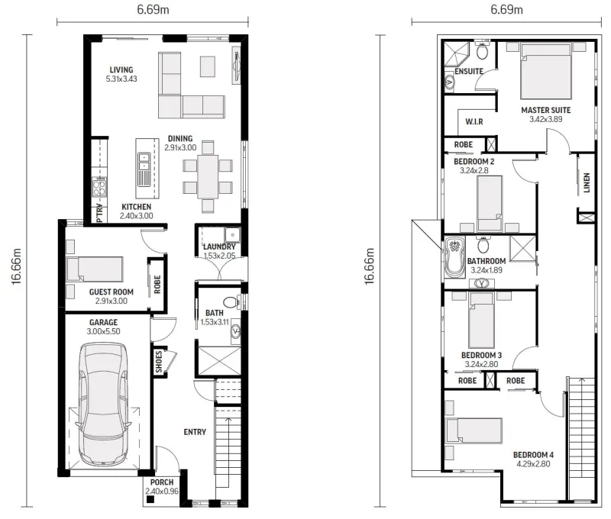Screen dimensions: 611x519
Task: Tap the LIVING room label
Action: [121, 69]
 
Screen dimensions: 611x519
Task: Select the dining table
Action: [208, 177]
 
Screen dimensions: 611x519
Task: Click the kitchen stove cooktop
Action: [99, 186]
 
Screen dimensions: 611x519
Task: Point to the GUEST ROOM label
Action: [112, 292]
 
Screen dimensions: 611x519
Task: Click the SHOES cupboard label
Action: [159, 362]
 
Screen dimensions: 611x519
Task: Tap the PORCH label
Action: [162, 482]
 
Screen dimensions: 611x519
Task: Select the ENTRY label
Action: [195, 432]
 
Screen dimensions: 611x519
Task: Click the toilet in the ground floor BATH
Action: [231, 301]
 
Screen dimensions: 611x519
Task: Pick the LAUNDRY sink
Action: [232, 235]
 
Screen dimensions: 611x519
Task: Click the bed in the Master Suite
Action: [546, 71]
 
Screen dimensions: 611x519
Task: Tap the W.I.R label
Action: [474, 121]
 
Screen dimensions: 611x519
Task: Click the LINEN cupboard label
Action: [587, 182]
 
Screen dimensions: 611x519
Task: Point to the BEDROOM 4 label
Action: [533, 454]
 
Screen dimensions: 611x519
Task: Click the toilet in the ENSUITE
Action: [483, 50]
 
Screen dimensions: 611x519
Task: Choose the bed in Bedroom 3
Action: [482, 320]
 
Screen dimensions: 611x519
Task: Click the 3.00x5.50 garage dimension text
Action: [103, 331]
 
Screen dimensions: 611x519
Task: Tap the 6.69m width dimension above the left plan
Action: [153, 10]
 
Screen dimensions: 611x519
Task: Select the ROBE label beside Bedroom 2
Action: [464, 144]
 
